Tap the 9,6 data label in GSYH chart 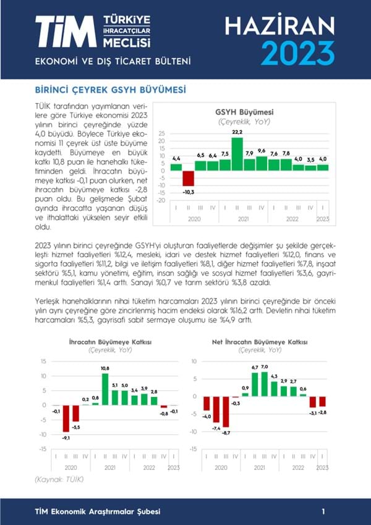[x=261, y=151]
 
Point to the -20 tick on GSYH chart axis [x=161, y=200]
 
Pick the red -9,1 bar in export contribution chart [x=66, y=419]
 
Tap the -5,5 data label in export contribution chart [x=77, y=427]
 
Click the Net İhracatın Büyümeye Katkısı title [x=251, y=342]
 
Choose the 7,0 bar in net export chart [x=265, y=383]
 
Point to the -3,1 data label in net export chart [x=313, y=412]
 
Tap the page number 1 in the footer [x=323, y=511]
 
